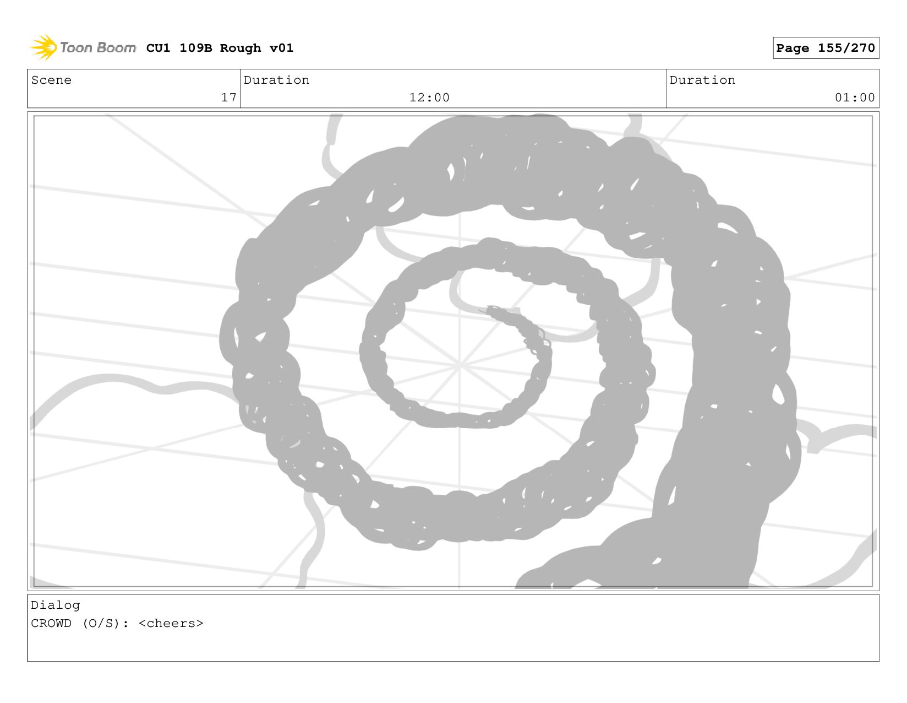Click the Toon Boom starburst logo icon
(43, 47)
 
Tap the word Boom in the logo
(116, 47)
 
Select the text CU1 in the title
(158, 48)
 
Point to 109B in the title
(196, 48)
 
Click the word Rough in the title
(241, 48)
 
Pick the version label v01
(281, 48)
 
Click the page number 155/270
(846, 48)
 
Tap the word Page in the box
(792, 48)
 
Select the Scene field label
(51, 80)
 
